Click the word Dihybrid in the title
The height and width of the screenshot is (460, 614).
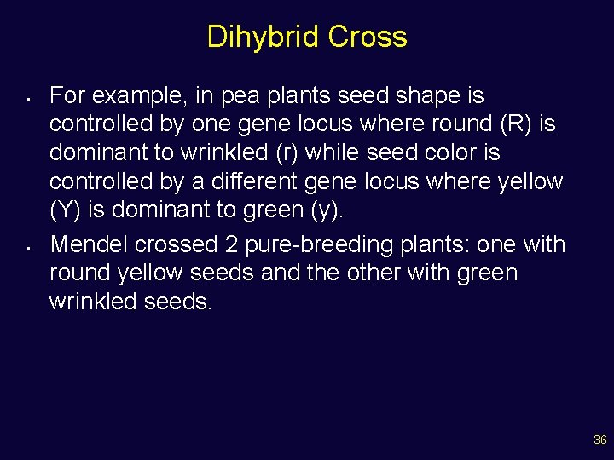[264, 37]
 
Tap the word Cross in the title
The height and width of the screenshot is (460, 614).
[368, 37]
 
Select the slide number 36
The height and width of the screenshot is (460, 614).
[600, 440]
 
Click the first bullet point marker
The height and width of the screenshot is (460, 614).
[29, 96]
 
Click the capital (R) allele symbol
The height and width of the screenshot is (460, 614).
[516, 124]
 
